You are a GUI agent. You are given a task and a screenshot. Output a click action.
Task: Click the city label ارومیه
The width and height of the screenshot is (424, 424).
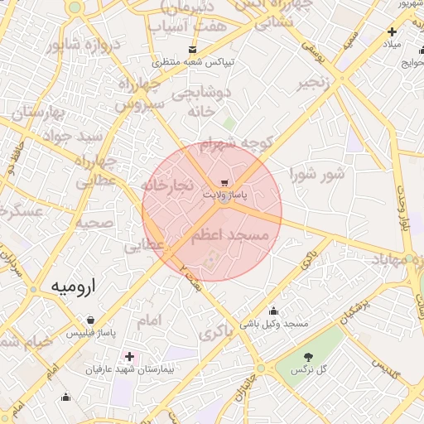click(73, 287)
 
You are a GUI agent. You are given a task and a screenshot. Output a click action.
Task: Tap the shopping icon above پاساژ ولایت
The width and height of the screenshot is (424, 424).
click(224, 182)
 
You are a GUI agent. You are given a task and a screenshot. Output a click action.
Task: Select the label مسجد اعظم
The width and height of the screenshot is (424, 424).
click(230, 236)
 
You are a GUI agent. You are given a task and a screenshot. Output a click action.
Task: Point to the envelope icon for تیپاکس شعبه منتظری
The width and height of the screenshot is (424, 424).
click(193, 50)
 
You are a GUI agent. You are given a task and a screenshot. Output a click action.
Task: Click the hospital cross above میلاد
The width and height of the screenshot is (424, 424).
click(392, 32)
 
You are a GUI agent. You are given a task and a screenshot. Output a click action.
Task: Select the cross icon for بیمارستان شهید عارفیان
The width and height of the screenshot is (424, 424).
click(129, 356)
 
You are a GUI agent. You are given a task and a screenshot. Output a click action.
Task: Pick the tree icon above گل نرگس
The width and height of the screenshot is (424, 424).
click(309, 356)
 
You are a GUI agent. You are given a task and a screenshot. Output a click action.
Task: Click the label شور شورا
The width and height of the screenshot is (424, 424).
click(316, 174)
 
